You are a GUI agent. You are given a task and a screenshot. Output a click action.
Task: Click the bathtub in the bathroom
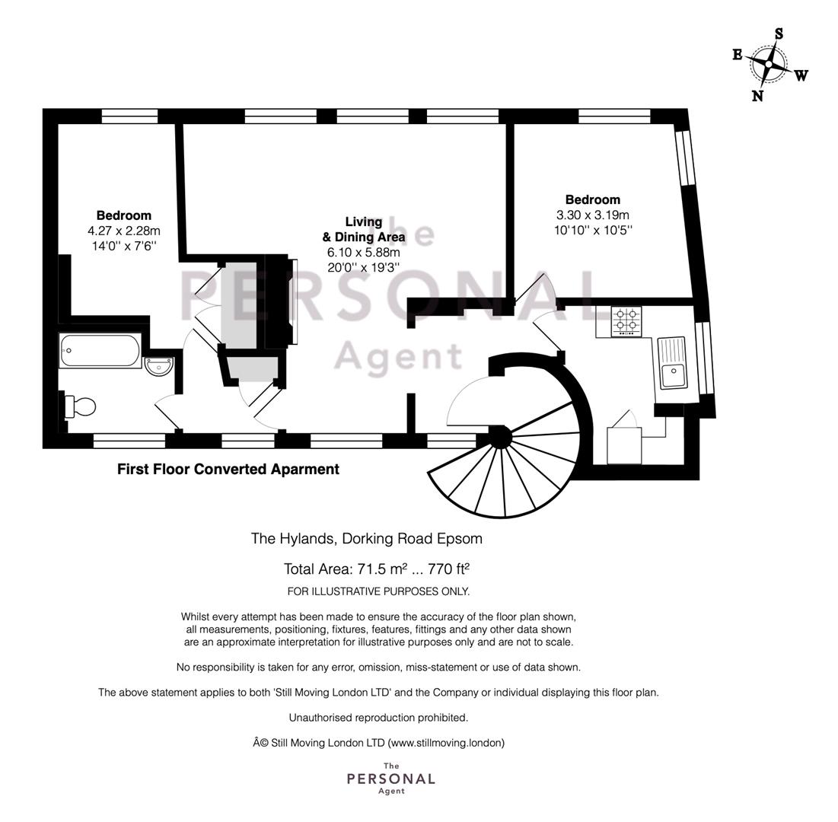point(100,351)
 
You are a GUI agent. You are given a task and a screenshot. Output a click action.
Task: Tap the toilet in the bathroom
point(81,406)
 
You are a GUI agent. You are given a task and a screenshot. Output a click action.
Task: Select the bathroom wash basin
point(160,367)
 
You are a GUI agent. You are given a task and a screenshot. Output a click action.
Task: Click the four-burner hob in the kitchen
point(626,321)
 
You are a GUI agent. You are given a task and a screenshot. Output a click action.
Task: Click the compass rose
point(769,65)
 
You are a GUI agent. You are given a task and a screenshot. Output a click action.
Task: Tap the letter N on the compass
point(757,96)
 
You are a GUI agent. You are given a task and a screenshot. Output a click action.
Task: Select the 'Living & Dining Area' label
point(363,229)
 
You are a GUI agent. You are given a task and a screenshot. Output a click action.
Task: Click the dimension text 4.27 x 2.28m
point(124,231)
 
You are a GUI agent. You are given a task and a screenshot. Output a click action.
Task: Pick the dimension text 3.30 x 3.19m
point(593,215)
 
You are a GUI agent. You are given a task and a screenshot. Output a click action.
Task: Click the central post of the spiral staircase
point(499,437)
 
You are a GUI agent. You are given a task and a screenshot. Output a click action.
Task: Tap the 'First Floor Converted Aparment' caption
point(228,470)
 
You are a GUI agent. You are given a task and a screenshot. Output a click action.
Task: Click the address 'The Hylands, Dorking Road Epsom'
point(367,539)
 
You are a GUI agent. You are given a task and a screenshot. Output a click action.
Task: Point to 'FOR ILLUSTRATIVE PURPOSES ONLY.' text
point(378,591)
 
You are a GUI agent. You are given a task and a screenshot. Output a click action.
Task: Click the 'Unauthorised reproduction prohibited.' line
point(378,718)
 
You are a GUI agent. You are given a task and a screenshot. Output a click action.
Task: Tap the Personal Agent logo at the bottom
point(390,779)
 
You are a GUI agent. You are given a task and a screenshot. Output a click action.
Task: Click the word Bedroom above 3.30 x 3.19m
point(592,200)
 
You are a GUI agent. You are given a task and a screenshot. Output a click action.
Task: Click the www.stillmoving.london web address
point(446,743)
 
